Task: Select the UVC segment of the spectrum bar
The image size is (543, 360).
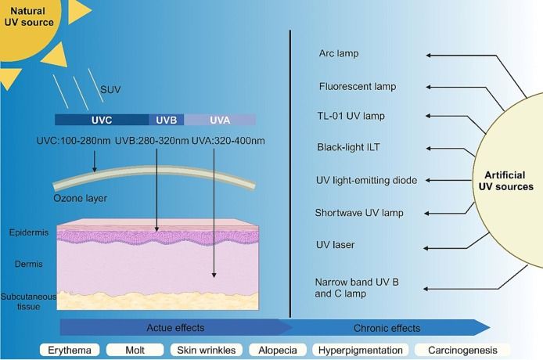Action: coord(102,120)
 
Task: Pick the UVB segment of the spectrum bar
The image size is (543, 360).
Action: coord(166,120)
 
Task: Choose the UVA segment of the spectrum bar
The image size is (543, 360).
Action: coord(219,120)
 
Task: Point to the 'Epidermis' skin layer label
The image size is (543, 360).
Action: coord(28,232)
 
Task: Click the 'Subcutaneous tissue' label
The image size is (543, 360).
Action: coord(27,301)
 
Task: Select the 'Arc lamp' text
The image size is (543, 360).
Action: coord(339,54)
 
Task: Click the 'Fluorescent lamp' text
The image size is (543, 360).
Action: coord(358,86)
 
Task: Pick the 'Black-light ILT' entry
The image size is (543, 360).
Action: coord(349,147)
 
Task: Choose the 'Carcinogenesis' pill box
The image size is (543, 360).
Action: coord(462,350)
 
